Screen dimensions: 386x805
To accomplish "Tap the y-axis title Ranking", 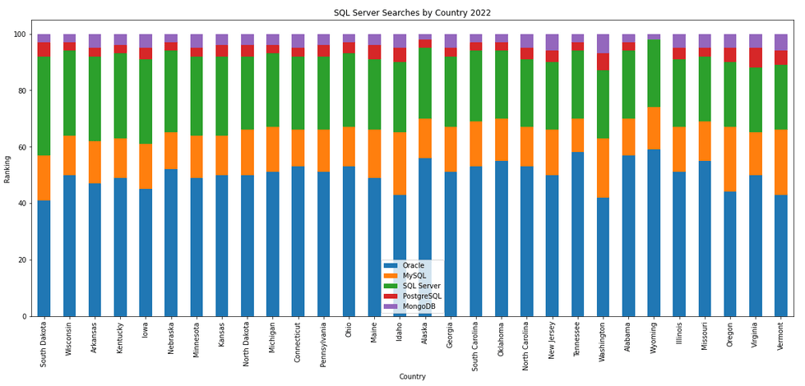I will click(8, 168).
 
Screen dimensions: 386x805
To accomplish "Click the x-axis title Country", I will click(412, 377).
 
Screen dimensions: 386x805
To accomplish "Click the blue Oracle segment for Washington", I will click(604, 257).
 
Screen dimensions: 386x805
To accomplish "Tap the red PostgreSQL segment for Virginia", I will click(756, 57).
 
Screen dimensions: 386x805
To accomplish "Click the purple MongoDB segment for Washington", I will click(604, 44).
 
